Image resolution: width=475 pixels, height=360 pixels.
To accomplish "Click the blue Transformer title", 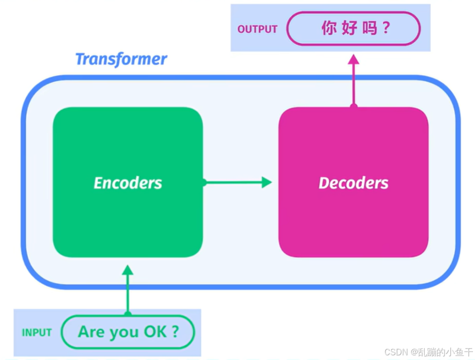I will click(121, 60).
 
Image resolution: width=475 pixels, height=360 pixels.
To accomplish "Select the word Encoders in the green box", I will click(128, 183).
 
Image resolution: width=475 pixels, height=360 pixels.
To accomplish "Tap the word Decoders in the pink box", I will click(354, 183).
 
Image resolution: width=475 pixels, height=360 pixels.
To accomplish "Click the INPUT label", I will click(37, 333).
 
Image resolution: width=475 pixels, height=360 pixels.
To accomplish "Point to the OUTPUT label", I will click(257, 29).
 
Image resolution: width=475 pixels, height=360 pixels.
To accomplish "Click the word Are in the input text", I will click(90, 332).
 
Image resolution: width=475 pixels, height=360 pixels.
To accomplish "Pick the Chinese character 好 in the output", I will click(349, 28).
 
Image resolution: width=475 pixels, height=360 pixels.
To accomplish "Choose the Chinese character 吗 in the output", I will click(370, 28).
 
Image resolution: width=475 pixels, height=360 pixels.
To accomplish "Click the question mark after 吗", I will click(386, 28).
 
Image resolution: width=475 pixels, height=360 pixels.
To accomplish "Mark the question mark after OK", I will click(175, 332).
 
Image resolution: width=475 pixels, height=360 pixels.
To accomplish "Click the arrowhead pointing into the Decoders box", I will click(267, 182).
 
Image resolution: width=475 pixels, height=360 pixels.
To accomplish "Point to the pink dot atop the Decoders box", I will click(354, 107).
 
